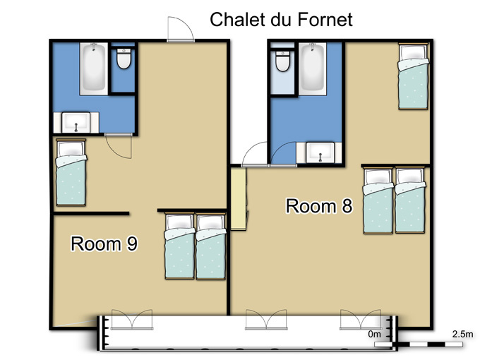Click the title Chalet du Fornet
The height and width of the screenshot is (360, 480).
pos(281,20)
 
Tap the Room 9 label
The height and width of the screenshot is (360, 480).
pos(104,244)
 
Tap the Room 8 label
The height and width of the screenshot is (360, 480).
pos(319,205)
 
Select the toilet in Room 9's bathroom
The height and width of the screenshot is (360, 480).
pos(124,58)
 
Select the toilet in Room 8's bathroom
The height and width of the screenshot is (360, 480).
pos(282,60)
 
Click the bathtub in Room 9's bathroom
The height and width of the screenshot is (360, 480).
pos(94,68)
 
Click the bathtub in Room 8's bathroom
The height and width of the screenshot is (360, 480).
pos(312,68)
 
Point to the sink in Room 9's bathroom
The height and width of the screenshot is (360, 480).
pos(76,122)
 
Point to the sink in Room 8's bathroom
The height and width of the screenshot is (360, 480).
pos(320,152)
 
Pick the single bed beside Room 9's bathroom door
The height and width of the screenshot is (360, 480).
pos(71,172)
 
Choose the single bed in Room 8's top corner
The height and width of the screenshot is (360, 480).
pos(413,76)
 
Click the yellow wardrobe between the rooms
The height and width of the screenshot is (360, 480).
pos(238,199)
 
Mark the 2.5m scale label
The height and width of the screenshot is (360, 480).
pos(462,334)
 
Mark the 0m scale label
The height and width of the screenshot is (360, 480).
pos(374,334)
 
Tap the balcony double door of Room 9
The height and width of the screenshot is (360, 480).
pos(132,320)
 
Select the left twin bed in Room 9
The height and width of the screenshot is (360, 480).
pos(180,246)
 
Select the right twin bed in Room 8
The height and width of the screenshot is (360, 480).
pos(410,200)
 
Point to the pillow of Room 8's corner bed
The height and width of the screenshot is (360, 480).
pos(413,52)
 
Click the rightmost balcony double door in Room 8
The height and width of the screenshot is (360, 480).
pos(361,320)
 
